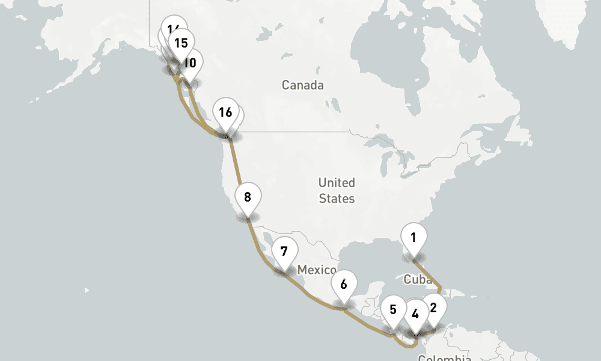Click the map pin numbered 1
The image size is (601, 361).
(413, 238)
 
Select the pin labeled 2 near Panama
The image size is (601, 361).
(433, 308)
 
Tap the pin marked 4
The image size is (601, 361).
(415, 313)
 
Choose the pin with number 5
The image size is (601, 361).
(393, 310)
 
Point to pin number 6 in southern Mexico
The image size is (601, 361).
(344, 285)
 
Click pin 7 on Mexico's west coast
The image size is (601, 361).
(284, 251)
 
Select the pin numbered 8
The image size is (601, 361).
(248, 197)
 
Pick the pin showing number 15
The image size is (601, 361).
(180, 43)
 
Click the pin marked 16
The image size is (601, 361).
(225, 112)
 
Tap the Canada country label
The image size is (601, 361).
(302, 85)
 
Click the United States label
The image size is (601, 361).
(337, 190)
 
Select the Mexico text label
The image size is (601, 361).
(317, 270)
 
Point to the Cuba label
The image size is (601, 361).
(418, 279)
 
